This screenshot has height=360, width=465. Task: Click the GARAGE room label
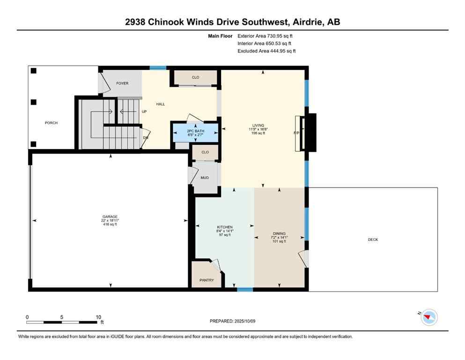(x=110, y=217)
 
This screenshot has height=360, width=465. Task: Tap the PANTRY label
(x=207, y=280)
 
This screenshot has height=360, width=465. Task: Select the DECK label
(x=373, y=240)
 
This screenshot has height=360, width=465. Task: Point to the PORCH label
(x=51, y=123)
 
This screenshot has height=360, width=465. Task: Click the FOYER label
(x=122, y=83)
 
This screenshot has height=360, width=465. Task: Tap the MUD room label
(x=205, y=178)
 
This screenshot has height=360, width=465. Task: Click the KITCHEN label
(x=225, y=227)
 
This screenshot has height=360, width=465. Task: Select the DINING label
(x=280, y=233)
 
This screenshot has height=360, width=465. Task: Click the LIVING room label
(x=258, y=125)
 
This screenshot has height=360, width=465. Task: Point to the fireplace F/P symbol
(x=296, y=133)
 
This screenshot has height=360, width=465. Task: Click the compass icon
(x=428, y=317)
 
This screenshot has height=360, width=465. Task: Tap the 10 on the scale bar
(x=98, y=317)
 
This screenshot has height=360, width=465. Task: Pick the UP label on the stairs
(x=144, y=112)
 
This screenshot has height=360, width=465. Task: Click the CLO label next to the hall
(x=195, y=77)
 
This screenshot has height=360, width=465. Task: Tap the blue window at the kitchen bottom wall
(x=244, y=290)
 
